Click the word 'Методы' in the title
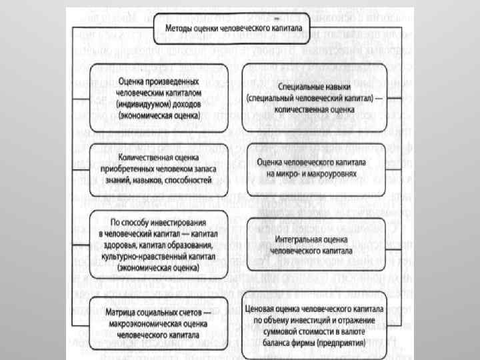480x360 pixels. click(x=176, y=30)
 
